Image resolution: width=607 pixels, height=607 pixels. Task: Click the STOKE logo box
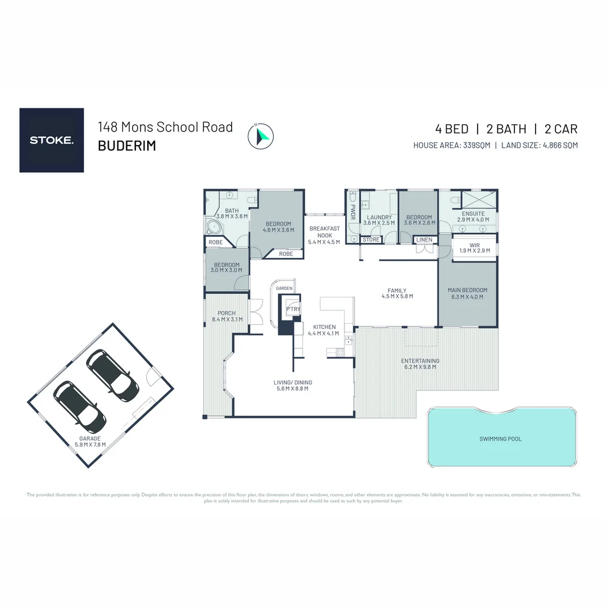click(x=52, y=140)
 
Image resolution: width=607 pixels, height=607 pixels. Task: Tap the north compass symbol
click(x=260, y=136)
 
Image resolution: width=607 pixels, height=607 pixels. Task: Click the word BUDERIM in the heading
click(x=126, y=146)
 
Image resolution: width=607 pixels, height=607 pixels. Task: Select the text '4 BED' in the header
click(x=452, y=129)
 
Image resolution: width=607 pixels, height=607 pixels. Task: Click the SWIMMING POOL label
click(x=500, y=438)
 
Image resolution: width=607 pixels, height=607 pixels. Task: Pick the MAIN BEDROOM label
click(x=467, y=290)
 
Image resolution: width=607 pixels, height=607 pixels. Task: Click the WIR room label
click(x=474, y=246)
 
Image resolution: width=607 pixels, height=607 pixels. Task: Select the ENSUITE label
click(x=473, y=214)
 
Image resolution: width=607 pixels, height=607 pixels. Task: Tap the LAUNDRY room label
click(x=379, y=218)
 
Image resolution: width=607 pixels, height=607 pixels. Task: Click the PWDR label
click(x=354, y=212)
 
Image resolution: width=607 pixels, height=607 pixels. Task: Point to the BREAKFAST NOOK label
click(x=324, y=232)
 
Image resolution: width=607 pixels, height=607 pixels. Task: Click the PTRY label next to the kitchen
click(x=293, y=309)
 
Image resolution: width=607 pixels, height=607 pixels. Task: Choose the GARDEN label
click(x=284, y=288)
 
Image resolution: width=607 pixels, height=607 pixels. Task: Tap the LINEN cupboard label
click(x=424, y=240)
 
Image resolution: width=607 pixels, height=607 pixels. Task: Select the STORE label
click(x=371, y=240)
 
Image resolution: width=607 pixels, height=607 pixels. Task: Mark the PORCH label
click(x=227, y=313)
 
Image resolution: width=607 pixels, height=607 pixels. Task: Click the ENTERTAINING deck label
click(x=420, y=361)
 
